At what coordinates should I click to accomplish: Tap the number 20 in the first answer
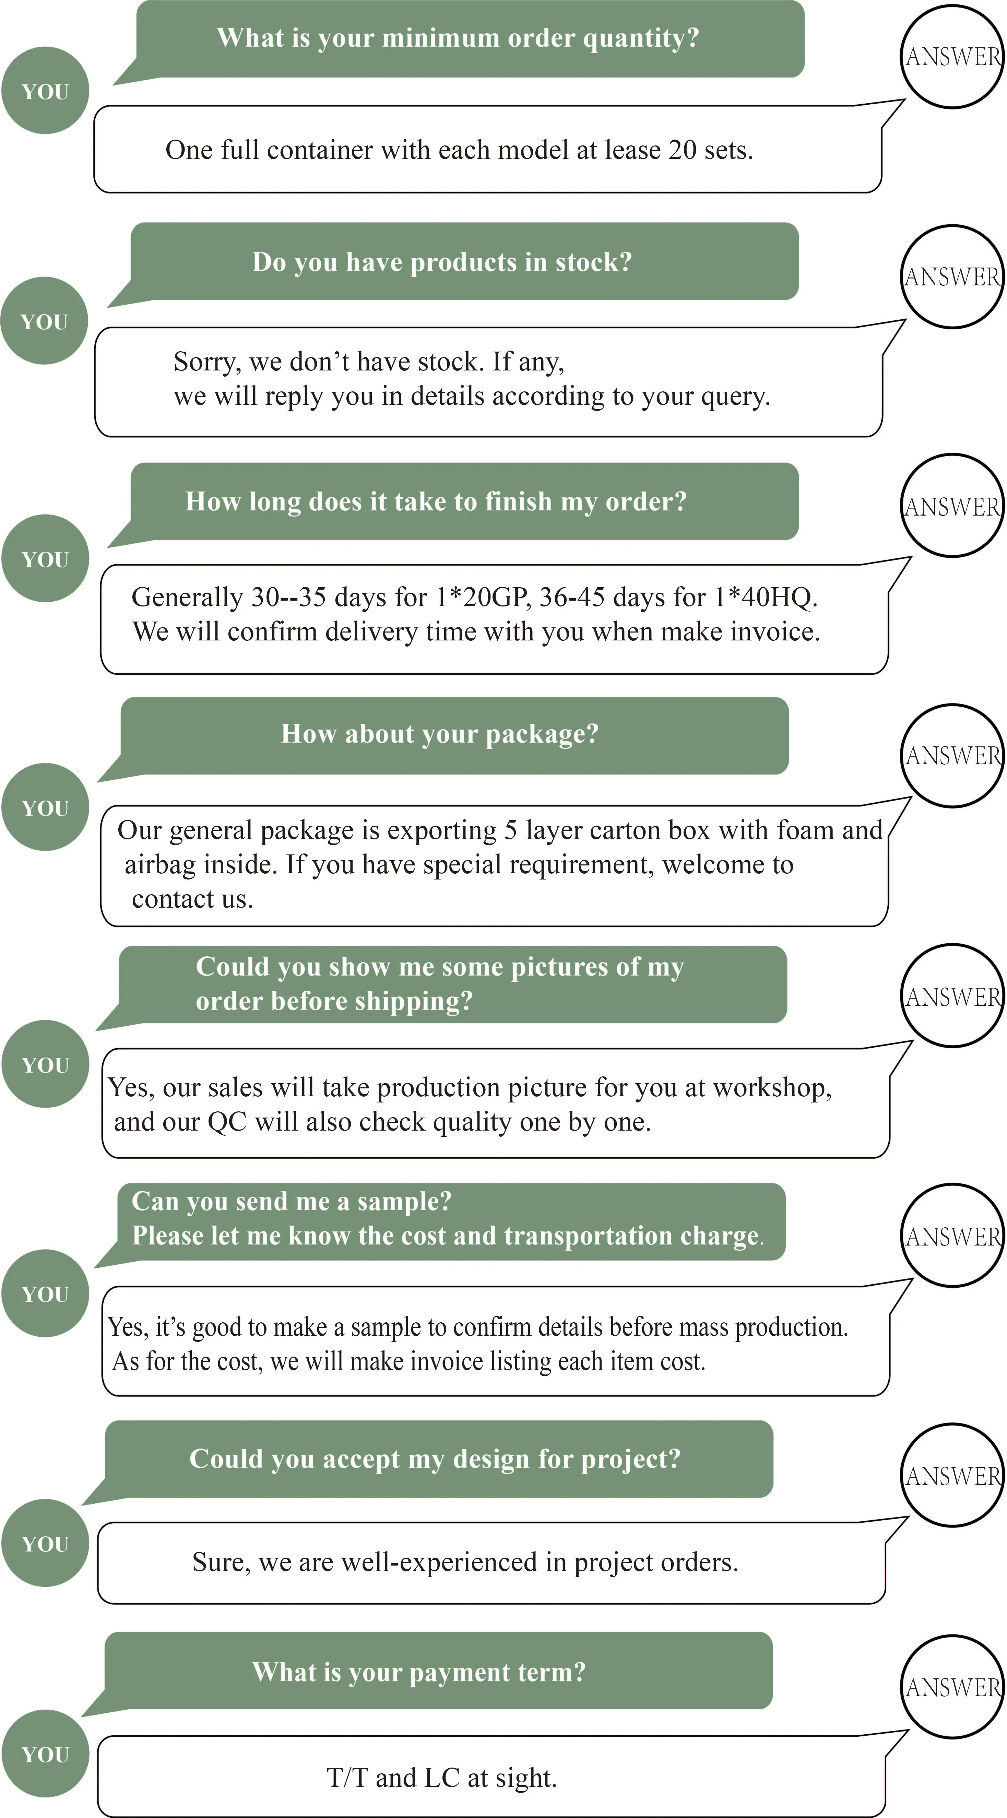tap(683, 150)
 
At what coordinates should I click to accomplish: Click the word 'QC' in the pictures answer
tap(226, 1122)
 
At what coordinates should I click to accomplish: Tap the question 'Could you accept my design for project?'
tap(435, 1459)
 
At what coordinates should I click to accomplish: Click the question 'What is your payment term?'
tap(419, 1672)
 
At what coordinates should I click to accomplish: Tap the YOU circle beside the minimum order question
tap(45, 91)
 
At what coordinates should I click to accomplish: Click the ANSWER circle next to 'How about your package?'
tap(953, 756)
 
